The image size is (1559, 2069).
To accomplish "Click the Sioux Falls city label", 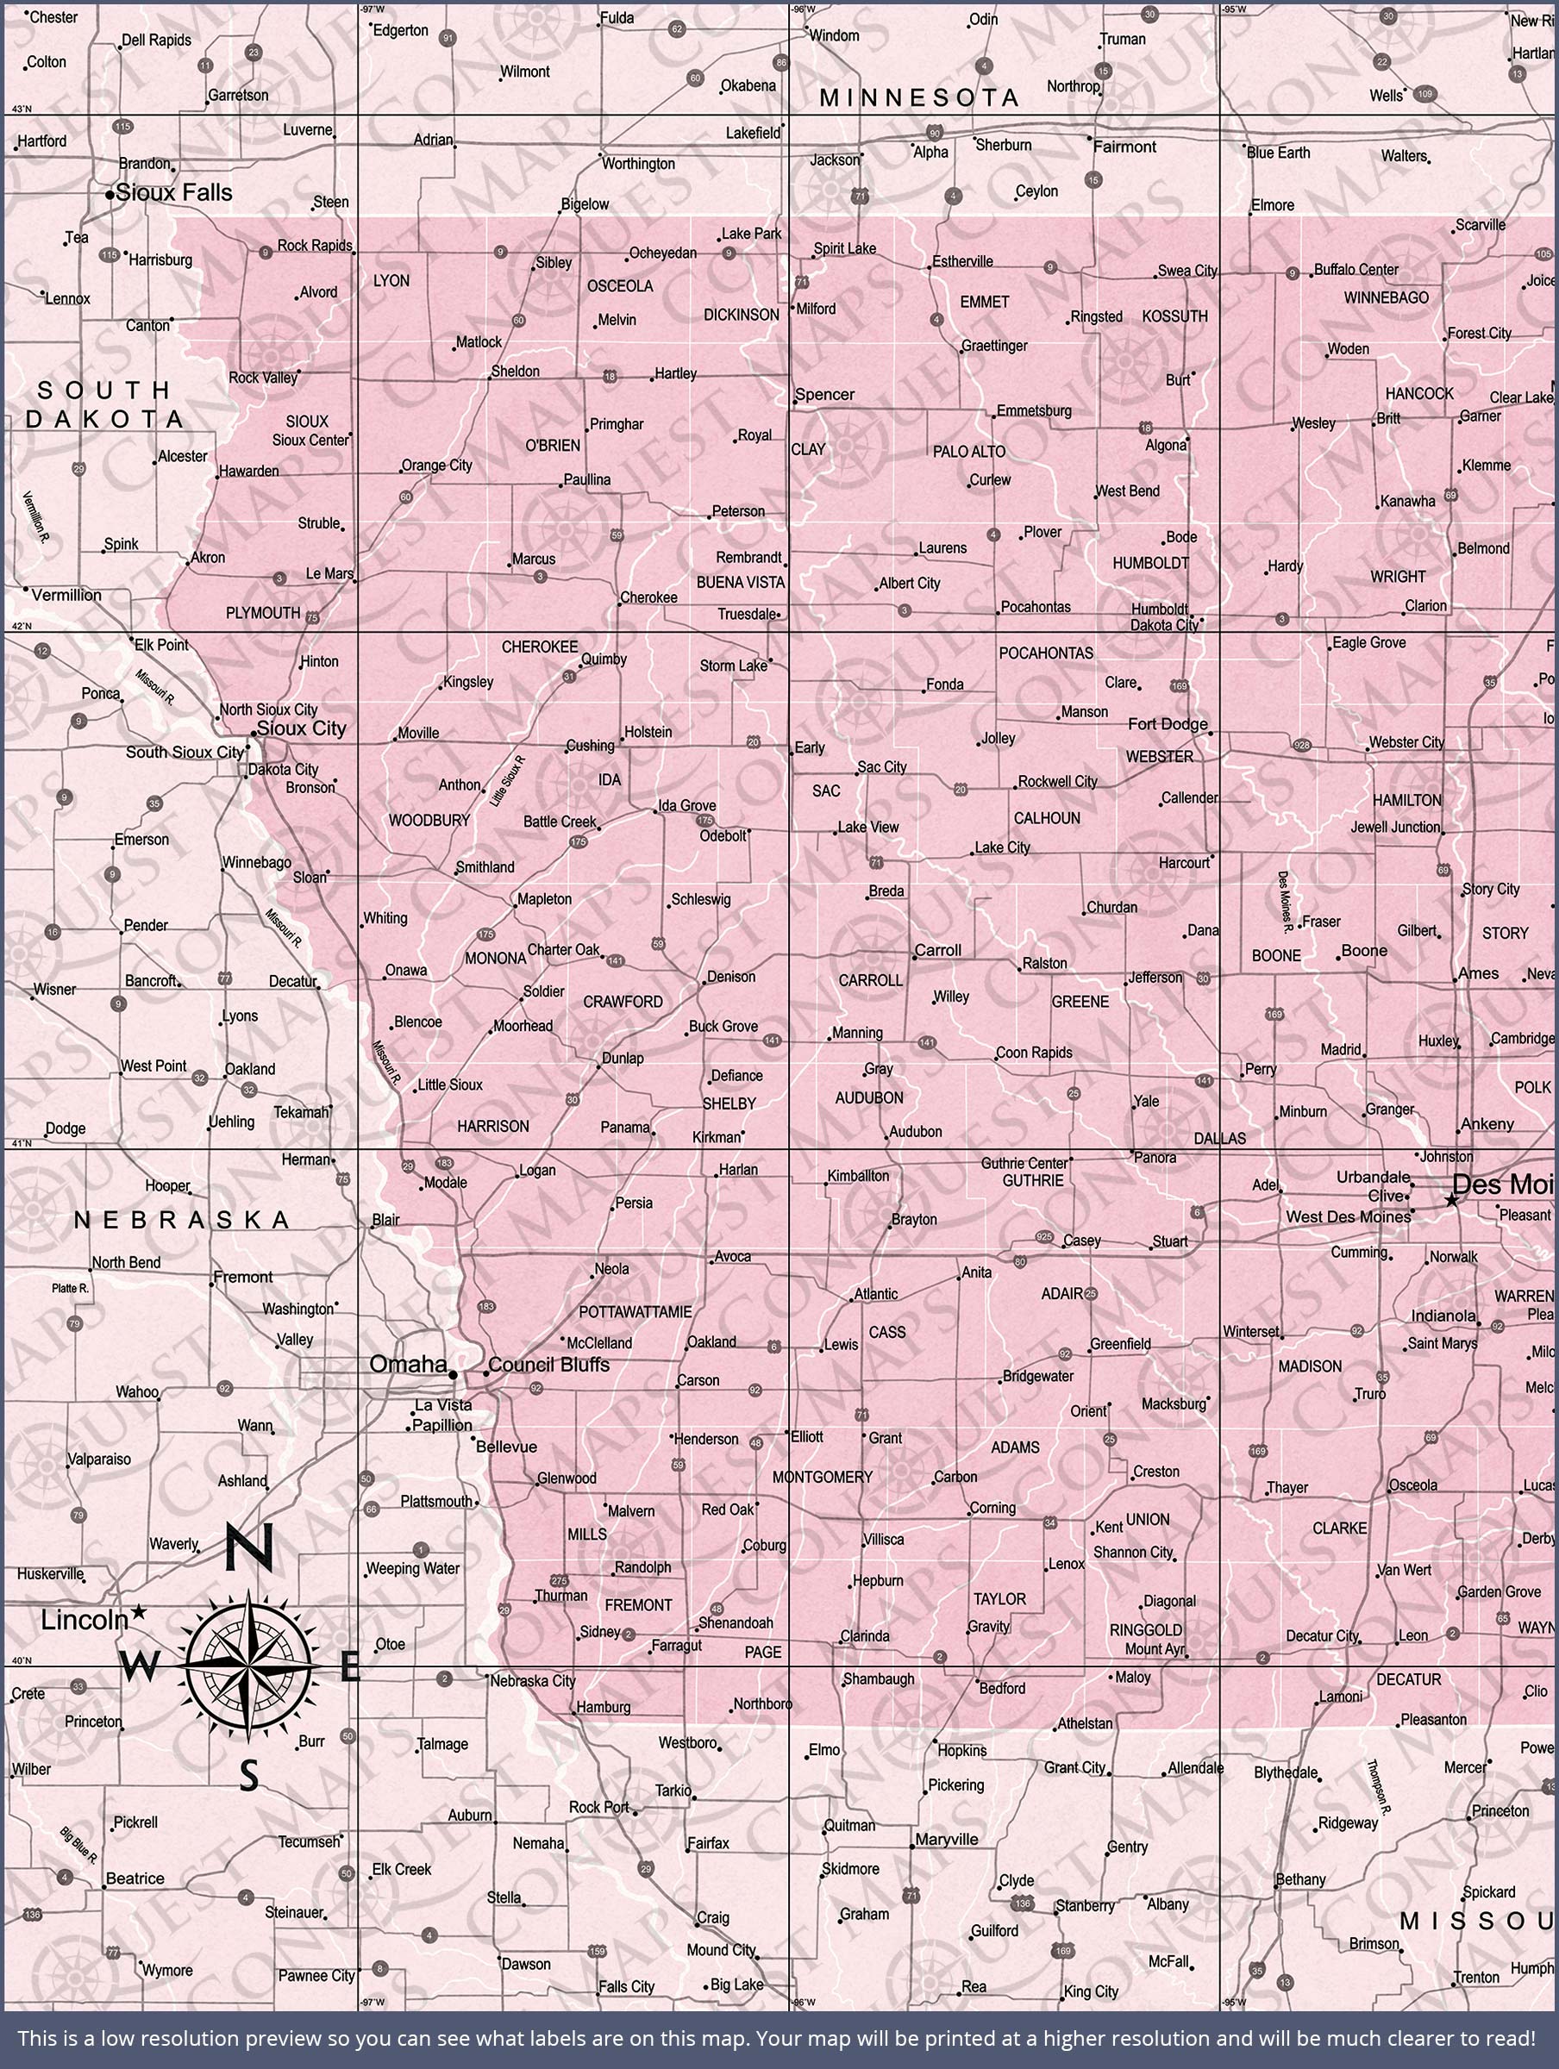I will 174,193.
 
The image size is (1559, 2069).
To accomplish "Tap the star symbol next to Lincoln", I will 140,1610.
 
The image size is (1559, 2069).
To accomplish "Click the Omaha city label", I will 408,1365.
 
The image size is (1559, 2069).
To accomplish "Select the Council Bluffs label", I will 548,1365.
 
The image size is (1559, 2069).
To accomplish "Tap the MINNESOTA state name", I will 919,97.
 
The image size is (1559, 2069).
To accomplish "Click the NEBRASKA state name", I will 183,1220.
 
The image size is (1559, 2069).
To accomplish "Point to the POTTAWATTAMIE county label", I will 635,1312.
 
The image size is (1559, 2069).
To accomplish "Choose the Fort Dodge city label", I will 1167,723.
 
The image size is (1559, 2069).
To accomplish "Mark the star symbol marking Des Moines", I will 1451,1200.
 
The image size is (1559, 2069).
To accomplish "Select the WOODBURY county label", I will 429,821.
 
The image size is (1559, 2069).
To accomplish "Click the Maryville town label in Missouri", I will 946,1839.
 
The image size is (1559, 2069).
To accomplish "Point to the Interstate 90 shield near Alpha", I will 934,133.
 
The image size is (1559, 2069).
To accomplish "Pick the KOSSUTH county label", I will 1174,316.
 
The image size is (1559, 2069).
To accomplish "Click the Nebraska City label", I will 532,1681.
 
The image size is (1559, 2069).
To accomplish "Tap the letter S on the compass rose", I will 248,1773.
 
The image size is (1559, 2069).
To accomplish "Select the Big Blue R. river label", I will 78,1844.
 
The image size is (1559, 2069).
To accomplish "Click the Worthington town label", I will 638,164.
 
